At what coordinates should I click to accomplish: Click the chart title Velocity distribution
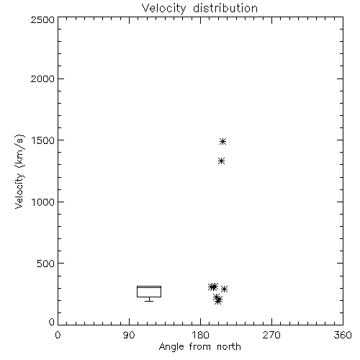pyautogui.click(x=199, y=9)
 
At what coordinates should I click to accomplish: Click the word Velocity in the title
pyautogui.click(x=163, y=9)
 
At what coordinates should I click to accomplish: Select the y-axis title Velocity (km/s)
pyautogui.click(x=19, y=171)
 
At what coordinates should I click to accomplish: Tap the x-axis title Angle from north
pyautogui.click(x=199, y=347)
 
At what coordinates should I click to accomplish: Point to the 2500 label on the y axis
pyautogui.click(x=42, y=19)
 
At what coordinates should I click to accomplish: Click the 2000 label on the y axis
pyautogui.click(x=42, y=78)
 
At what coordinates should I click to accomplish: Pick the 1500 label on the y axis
pyautogui.click(x=43, y=140)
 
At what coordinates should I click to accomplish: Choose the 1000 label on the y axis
pyautogui.click(x=43, y=202)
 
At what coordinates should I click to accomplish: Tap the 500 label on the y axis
pyautogui.click(x=46, y=264)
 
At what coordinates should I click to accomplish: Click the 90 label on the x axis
pyautogui.click(x=129, y=335)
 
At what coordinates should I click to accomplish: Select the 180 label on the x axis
pyautogui.click(x=200, y=335)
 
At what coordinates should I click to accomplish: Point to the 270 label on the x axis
pyautogui.click(x=271, y=335)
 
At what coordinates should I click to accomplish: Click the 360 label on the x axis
pyautogui.click(x=343, y=335)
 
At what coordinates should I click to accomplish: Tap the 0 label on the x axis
pyautogui.click(x=58, y=335)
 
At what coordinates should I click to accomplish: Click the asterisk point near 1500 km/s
pyautogui.click(x=222, y=141)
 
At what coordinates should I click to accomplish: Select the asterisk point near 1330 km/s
pyautogui.click(x=221, y=161)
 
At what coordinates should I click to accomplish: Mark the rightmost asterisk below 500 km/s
pyautogui.click(x=224, y=289)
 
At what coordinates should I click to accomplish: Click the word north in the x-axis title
pyautogui.click(x=229, y=347)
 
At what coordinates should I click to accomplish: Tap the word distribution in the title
pyautogui.click(x=225, y=9)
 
